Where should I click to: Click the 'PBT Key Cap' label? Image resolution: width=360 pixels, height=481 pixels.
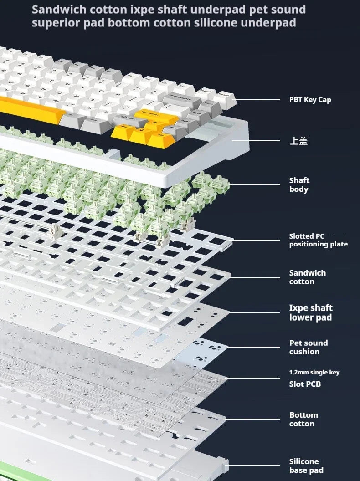click(x=310, y=100)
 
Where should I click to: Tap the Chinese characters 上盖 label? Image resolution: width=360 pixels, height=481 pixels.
click(x=298, y=141)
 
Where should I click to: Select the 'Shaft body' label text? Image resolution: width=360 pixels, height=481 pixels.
click(x=299, y=184)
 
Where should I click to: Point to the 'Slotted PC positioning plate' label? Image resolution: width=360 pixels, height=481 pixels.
click(x=318, y=240)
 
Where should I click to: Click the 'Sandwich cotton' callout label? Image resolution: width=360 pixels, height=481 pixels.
click(x=308, y=277)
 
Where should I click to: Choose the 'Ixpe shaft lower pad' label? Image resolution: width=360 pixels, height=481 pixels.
click(x=311, y=312)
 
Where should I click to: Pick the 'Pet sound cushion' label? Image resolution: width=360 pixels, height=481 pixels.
click(x=309, y=347)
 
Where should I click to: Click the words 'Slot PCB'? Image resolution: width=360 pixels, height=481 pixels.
click(x=305, y=384)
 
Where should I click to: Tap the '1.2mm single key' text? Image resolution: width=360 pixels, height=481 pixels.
click(x=314, y=373)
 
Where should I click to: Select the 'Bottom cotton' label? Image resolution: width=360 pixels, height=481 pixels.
click(x=303, y=420)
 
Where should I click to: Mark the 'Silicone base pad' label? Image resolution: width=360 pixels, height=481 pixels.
click(x=306, y=466)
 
